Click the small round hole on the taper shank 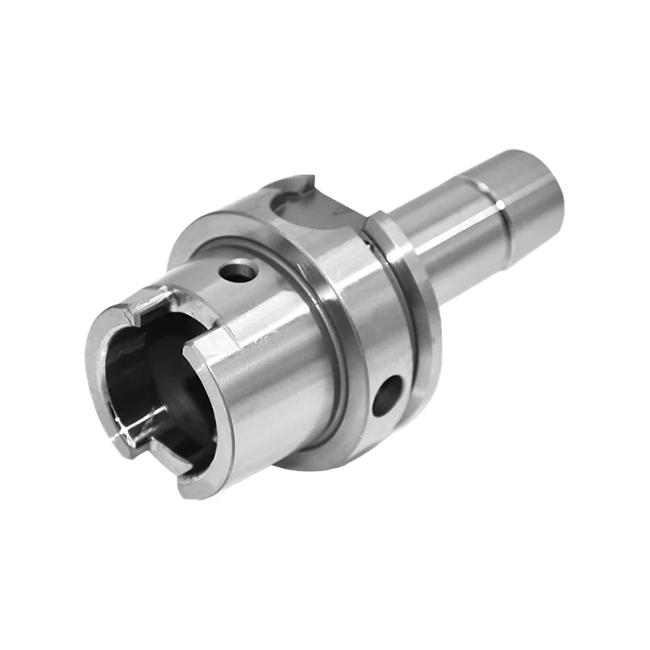click(240, 271)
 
